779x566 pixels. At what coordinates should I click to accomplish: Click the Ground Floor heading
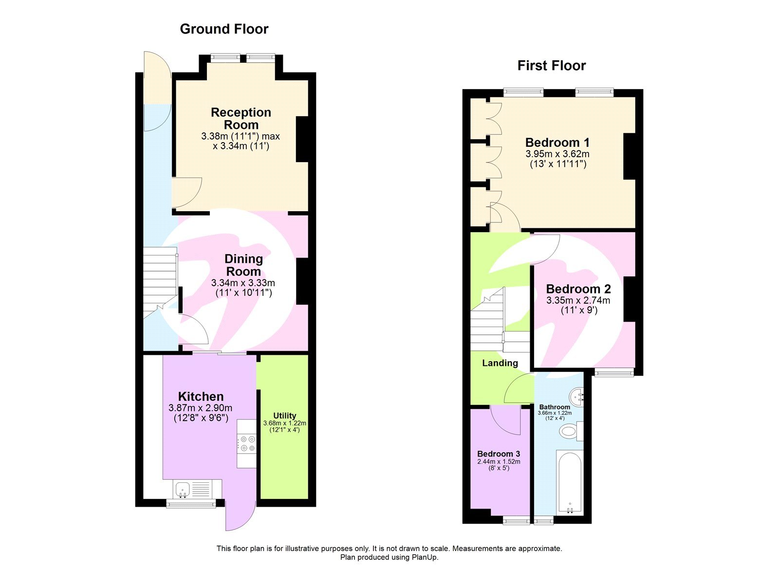[x=224, y=29]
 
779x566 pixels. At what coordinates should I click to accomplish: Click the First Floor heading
[x=551, y=66]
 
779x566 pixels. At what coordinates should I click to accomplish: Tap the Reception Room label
[x=241, y=119]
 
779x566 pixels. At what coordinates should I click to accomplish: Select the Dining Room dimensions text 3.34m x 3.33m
[x=243, y=283]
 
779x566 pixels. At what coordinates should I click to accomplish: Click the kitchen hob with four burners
[x=247, y=443]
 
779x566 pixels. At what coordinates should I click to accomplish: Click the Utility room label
[x=284, y=416]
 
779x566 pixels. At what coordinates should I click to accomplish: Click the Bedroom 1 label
[x=557, y=143]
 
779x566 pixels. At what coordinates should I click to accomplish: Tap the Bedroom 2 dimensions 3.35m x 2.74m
[x=578, y=301]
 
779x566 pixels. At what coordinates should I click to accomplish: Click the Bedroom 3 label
[x=499, y=454]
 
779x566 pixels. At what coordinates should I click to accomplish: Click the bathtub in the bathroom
[x=569, y=482]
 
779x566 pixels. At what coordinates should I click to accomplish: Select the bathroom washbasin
[x=577, y=396]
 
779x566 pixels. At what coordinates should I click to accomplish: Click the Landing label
[x=500, y=363]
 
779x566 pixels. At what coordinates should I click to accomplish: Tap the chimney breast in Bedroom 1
[x=630, y=156]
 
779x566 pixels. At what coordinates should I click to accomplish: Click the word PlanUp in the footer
[x=425, y=557]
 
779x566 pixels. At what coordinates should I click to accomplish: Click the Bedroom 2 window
[x=614, y=373]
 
